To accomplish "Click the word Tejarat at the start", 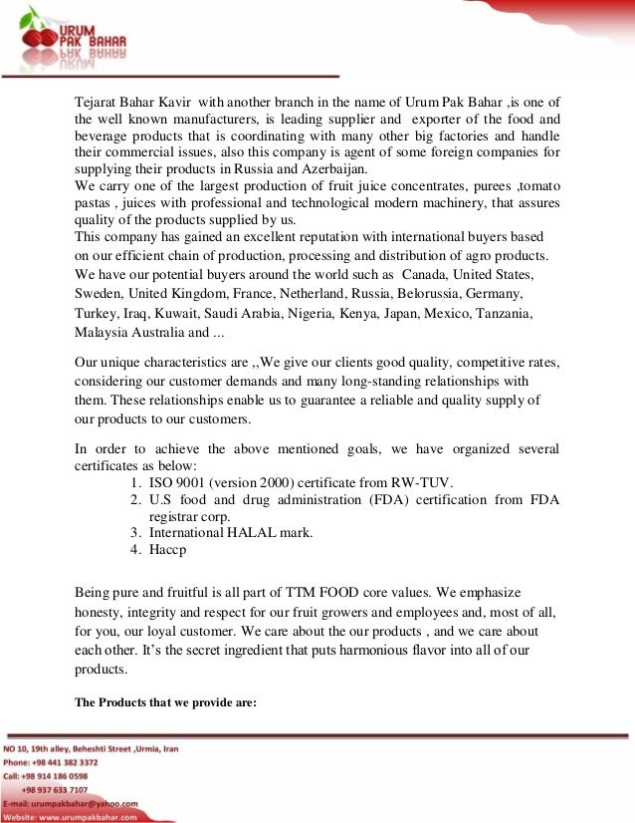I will coord(100,102).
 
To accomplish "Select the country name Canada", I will coord(424,273).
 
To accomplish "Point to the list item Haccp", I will coord(168,549).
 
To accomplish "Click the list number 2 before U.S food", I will coord(135,500).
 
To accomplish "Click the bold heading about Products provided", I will coord(166,701).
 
